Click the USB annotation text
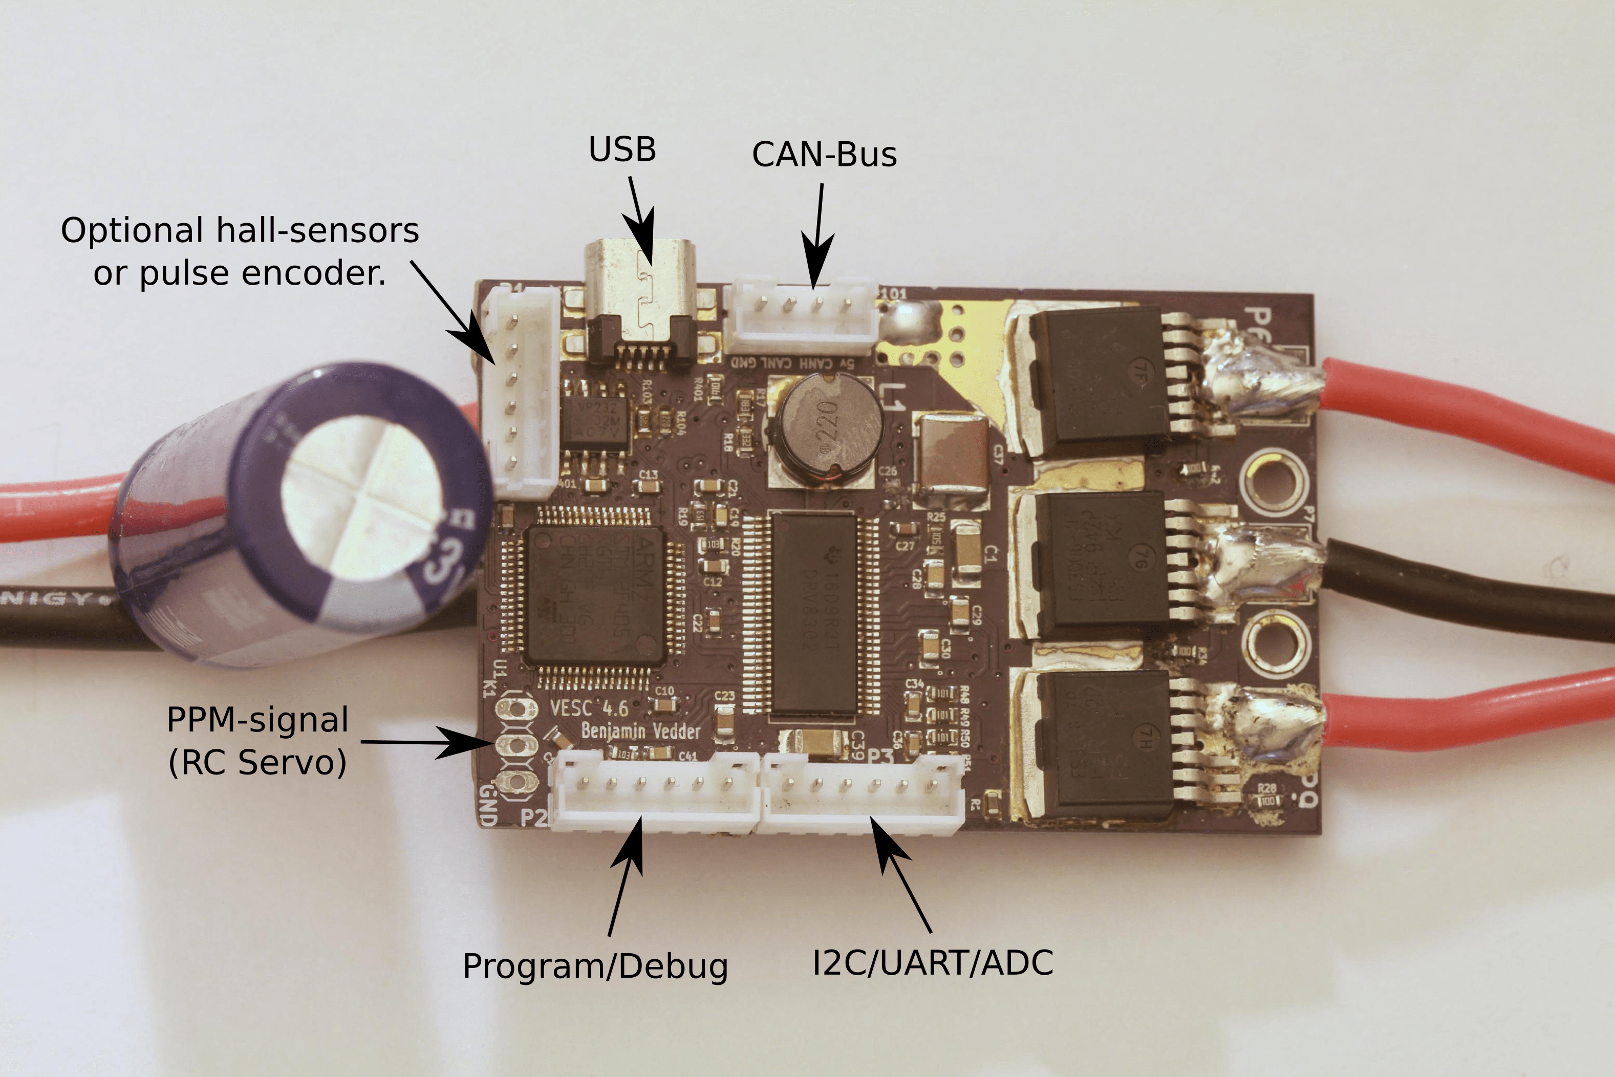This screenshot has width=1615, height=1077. [622, 150]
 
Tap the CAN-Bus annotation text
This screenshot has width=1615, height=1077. [824, 155]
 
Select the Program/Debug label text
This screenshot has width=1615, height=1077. [595, 966]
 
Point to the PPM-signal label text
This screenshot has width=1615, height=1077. [257, 720]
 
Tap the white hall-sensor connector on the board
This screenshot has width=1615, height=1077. [523, 392]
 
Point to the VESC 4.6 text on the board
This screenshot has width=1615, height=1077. [589, 707]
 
